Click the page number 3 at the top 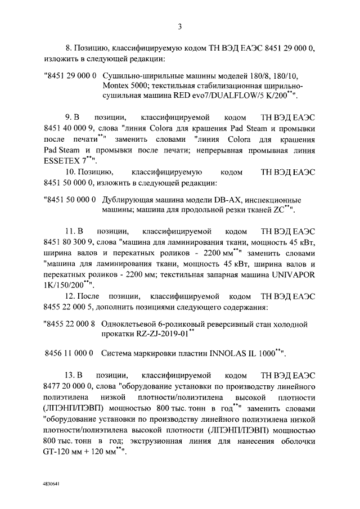[x=179, y=26]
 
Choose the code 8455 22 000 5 [x=70, y=307]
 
